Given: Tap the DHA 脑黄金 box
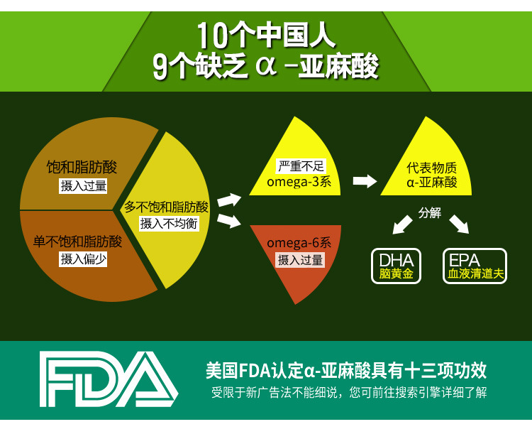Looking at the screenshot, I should point(396,266).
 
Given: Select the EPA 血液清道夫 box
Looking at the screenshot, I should point(475,266).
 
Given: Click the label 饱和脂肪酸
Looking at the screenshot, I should point(82,168).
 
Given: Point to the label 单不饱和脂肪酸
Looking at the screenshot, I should point(78,242).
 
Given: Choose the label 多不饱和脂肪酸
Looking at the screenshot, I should point(167,207).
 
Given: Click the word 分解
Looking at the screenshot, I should point(430,213).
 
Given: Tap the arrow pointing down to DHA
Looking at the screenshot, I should point(403,224).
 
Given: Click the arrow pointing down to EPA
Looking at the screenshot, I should point(459,224).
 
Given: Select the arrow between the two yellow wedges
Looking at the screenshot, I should point(365,181).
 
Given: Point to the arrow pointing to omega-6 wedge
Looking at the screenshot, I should point(229,222).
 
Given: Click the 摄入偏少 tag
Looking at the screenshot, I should point(83,259).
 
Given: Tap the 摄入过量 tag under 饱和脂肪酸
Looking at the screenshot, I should point(84,186).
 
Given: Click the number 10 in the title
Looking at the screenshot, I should point(214,34).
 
